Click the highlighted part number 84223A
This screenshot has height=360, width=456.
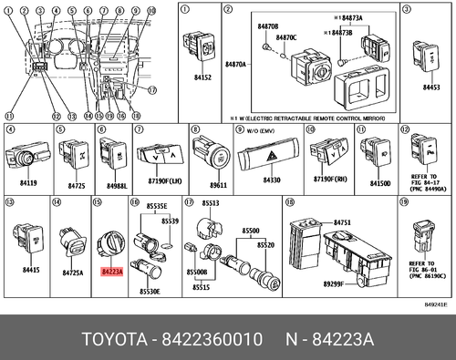tap(112, 271)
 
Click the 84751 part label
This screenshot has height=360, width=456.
tap(342, 221)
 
